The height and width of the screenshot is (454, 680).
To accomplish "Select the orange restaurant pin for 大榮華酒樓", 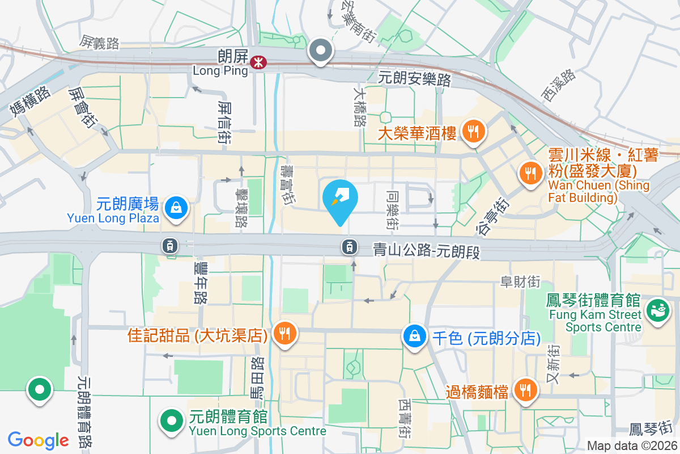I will pos(473,132).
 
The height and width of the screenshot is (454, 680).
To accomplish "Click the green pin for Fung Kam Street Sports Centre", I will pos(658,310).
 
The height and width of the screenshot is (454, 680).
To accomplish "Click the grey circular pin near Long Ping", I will pos(321,51).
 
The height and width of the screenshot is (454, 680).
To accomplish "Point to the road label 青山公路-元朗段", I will pos(426,250).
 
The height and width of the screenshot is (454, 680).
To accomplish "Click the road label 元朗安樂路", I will pos(415,78).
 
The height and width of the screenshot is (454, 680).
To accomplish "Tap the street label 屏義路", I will pos(100,42).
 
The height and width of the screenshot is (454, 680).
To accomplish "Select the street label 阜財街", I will pos(520,281).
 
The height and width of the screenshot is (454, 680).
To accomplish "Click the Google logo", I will pos(39,440).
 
